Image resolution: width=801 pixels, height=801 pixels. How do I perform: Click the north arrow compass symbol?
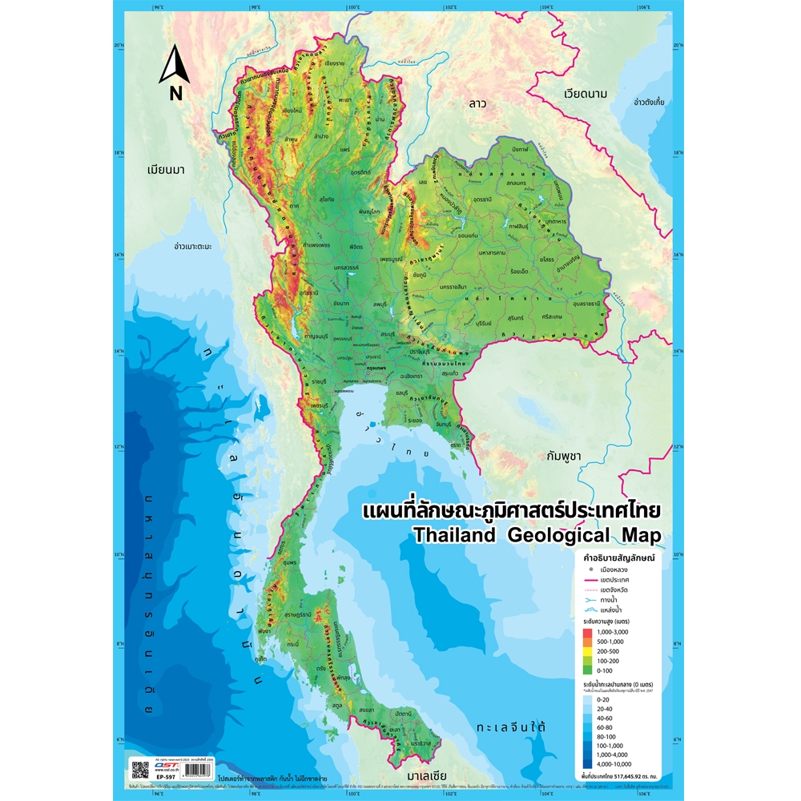tap(174, 72)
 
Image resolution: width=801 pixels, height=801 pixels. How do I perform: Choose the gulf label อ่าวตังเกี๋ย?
tap(650, 103)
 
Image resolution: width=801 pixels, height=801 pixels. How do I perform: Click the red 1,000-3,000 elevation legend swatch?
tap(589, 632)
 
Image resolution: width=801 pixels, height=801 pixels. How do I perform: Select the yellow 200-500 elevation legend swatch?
tap(589, 650)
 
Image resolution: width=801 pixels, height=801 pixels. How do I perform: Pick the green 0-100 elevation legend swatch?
tap(589, 669)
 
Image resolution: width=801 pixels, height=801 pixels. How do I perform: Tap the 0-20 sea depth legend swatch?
tap(589, 699)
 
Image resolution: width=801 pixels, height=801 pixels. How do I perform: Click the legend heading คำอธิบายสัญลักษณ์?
tap(616, 557)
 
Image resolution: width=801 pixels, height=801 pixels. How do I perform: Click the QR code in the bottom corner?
tap(140, 771)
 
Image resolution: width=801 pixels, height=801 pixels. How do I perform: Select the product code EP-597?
tap(165, 777)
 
